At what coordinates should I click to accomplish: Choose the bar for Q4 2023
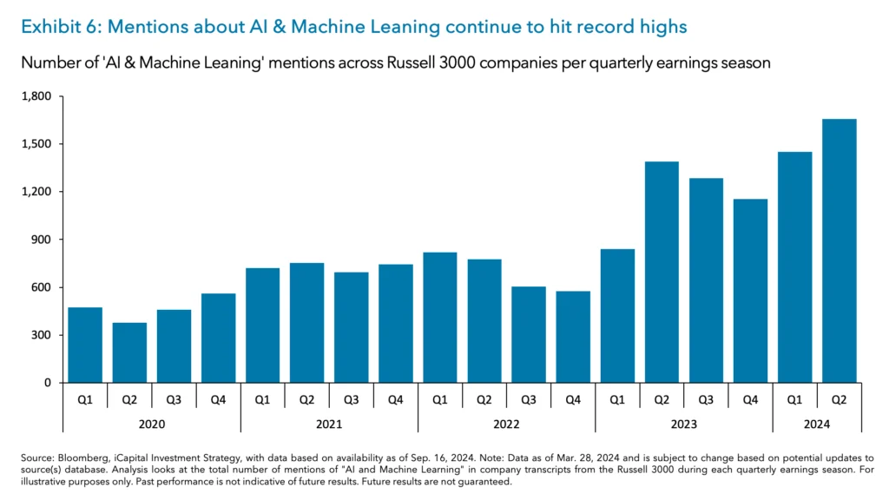[x=750, y=291]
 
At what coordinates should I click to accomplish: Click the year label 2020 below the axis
[x=152, y=424]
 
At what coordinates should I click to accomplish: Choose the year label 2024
[x=817, y=424]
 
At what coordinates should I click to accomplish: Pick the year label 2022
[x=506, y=424]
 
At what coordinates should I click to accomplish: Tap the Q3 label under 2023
[x=706, y=400]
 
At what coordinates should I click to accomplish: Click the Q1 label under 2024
[x=794, y=400]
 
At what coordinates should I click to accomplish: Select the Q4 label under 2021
[x=396, y=400]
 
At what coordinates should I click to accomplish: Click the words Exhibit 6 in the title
[x=57, y=27]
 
